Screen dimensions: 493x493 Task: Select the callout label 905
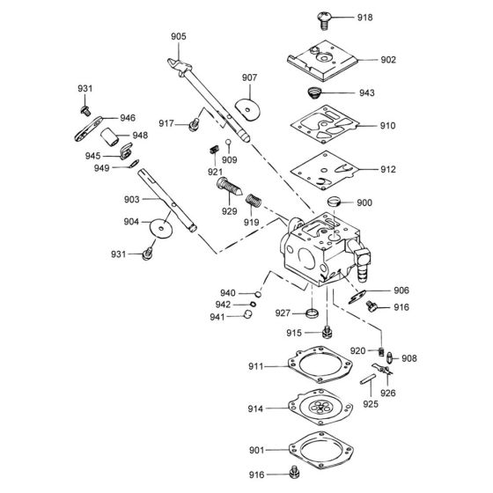tap(179, 36)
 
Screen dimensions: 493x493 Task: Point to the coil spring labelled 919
tap(254, 202)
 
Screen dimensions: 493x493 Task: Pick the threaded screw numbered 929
tap(228, 188)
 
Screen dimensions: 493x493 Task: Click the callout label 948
tap(140, 136)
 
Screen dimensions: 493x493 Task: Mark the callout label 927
tap(283, 313)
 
